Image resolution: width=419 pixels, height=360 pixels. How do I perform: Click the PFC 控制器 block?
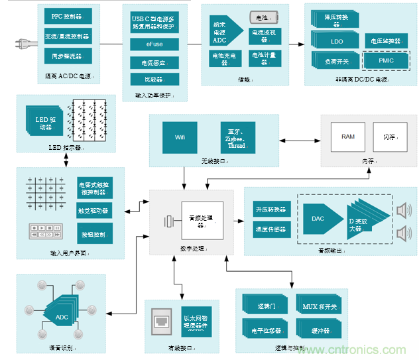point(67,15)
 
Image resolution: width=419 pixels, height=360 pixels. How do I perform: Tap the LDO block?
point(337,42)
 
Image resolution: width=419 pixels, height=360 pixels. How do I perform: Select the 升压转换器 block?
point(270,210)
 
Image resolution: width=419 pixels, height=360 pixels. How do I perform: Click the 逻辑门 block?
point(265,306)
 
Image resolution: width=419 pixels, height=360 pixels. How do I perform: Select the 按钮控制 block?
point(95,233)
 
